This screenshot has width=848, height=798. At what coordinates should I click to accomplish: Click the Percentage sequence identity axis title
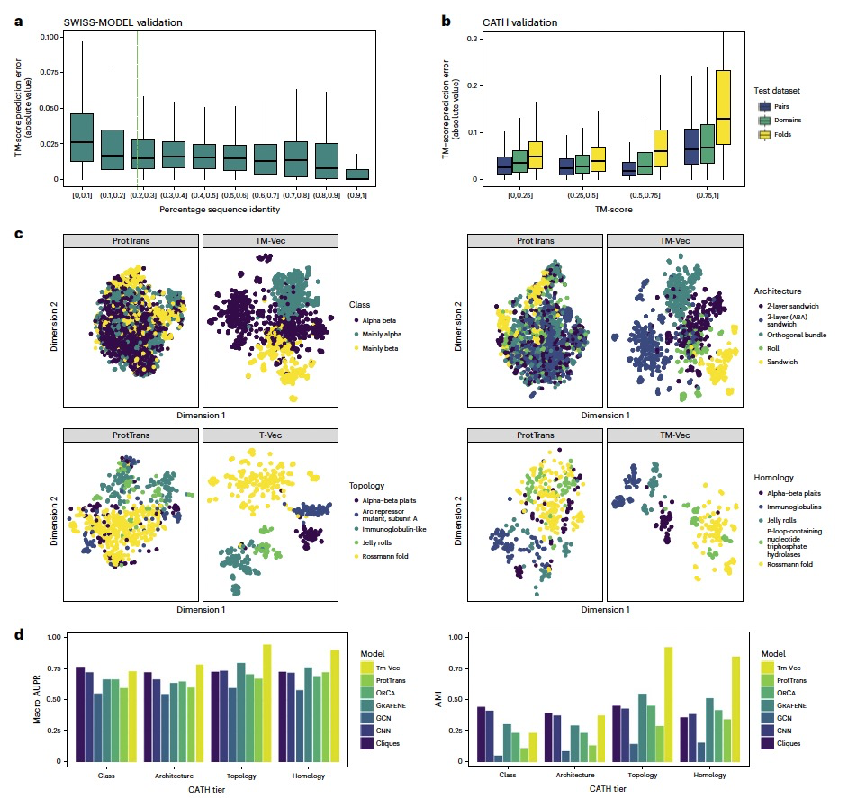(208, 210)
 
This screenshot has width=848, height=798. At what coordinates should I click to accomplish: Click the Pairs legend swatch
(762, 105)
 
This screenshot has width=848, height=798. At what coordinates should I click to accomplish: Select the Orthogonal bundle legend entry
(797, 335)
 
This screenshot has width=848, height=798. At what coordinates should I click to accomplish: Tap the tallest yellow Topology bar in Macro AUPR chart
(266, 703)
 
